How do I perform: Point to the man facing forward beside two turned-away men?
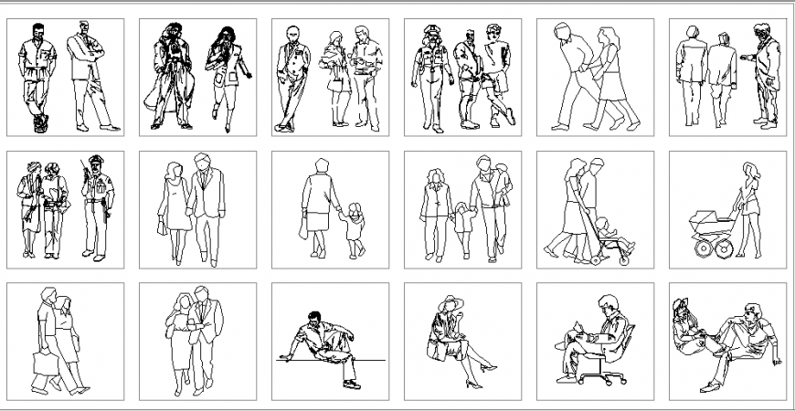(762, 78)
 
